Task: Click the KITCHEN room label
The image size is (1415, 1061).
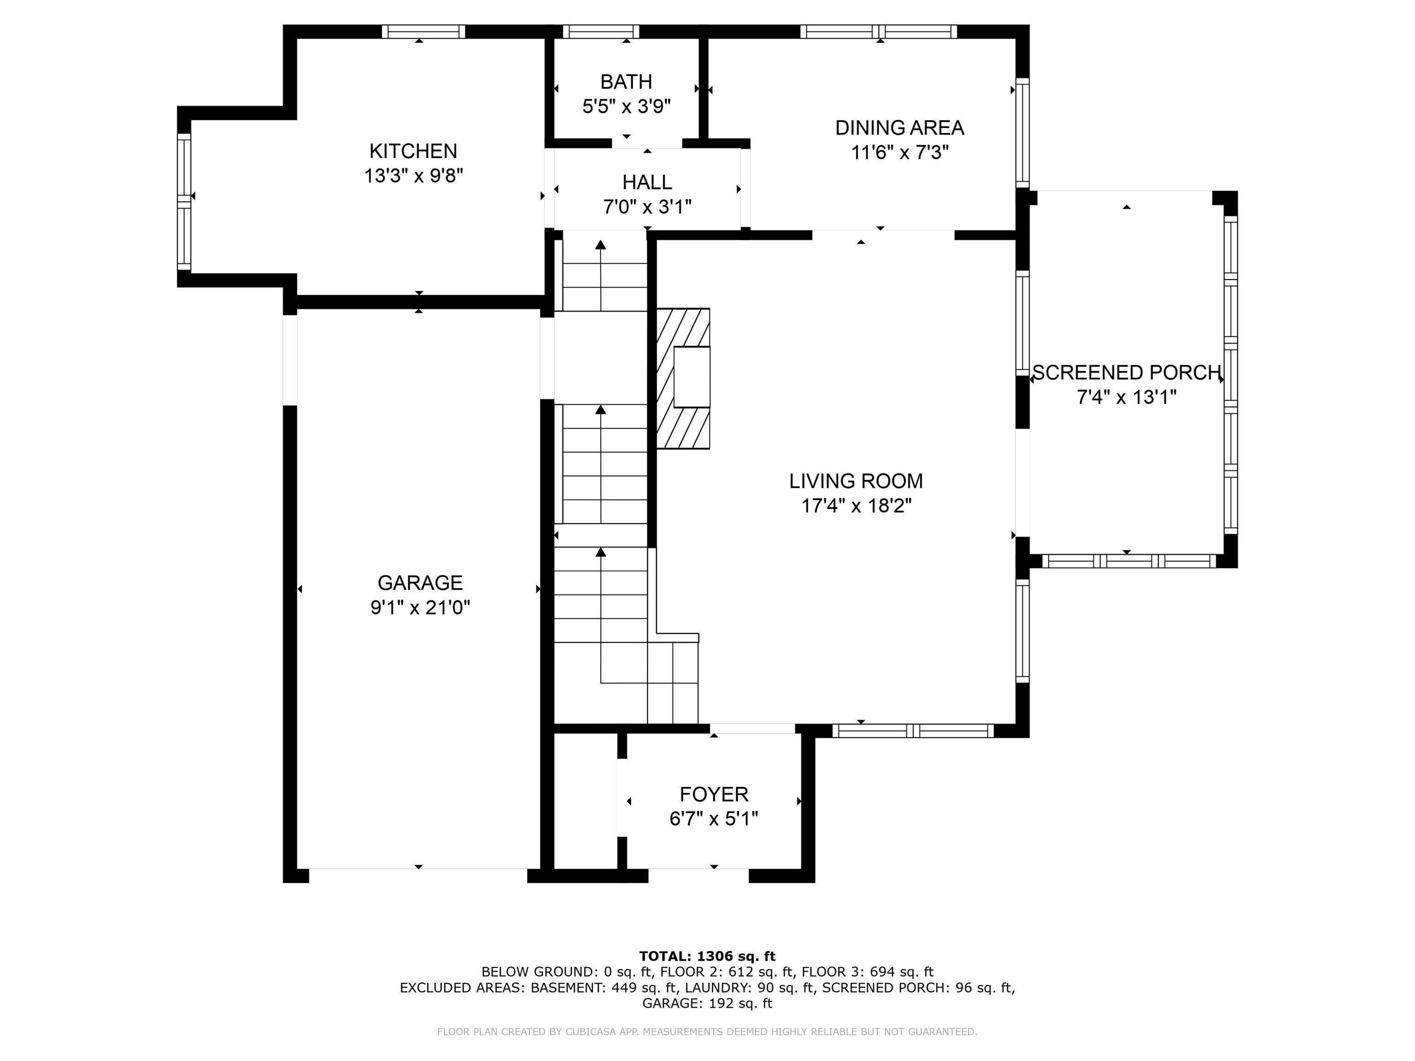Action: click(x=413, y=151)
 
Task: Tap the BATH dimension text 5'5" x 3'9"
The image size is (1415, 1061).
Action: click(x=626, y=106)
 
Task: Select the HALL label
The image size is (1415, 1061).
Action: click(x=647, y=182)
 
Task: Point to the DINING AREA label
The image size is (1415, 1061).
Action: click(x=900, y=128)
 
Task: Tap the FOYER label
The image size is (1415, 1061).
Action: click(x=714, y=794)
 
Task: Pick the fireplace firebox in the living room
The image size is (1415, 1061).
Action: click(x=691, y=377)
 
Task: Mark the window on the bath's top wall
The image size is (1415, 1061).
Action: click(x=601, y=31)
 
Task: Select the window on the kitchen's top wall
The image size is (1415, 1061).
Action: click(x=423, y=31)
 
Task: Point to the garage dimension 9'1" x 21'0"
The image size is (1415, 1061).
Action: click(x=420, y=607)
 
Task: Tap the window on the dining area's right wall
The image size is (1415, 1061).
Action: click(x=1023, y=133)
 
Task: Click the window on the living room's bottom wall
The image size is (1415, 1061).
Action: click(x=913, y=731)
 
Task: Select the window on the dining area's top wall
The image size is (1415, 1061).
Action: click(x=878, y=31)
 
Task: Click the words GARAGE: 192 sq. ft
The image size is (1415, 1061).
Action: click(x=707, y=1003)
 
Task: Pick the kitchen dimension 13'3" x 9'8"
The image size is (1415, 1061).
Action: click(x=413, y=175)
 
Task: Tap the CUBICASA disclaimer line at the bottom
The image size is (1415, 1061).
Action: click(x=707, y=1032)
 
